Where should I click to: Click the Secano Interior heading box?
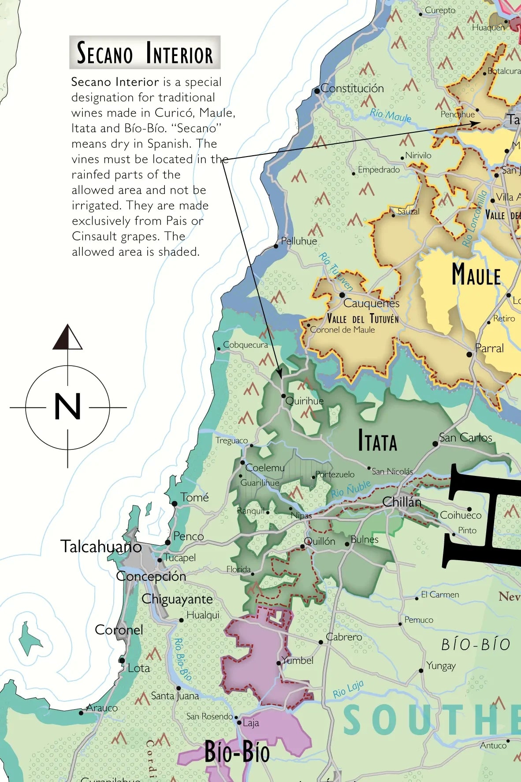tap(145, 52)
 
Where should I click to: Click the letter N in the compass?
tap(67, 407)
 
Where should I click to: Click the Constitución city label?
tap(352, 88)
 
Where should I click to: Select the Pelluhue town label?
tap(299, 241)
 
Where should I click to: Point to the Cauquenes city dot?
tap(342, 295)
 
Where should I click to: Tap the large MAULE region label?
tap(476, 275)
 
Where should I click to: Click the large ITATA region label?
tap(377, 441)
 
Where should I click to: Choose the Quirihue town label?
tap(304, 401)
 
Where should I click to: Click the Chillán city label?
tap(402, 502)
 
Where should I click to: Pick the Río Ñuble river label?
tap(351, 489)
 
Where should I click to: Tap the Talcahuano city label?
tap(101, 546)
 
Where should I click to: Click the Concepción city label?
tap(151, 576)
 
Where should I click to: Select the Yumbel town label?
tap(298, 660)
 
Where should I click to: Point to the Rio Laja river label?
tap(348, 689)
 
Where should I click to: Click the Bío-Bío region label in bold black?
tap(237, 752)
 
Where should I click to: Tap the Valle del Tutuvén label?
tap(362, 318)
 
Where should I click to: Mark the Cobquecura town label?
tap(245, 345)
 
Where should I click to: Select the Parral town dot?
tap(469, 354)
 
